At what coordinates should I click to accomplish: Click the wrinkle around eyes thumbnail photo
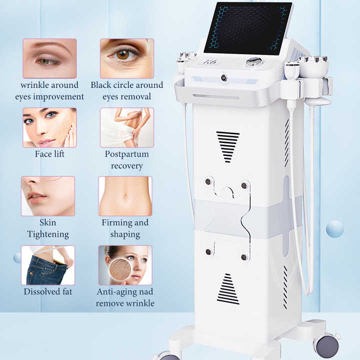pyautogui.click(x=49, y=58)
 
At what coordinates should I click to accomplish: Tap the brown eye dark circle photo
pyautogui.click(x=126, y=58)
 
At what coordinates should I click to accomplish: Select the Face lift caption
pyautogui.click(x=49, y=154)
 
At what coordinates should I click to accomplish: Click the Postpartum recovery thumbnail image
pyautogui.click(x=126, y=127)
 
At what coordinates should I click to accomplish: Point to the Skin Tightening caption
pyautogui.click(x=48, y=228)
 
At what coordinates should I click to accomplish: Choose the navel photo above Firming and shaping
pyautogui.click(x=125, y=196)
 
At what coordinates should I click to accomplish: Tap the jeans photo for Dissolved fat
pyautogui.click(x=48, y=265)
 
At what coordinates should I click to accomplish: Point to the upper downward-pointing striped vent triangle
pyautogui.click(x=228, y=145)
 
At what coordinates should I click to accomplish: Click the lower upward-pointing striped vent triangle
pyautogui.click(x=228, y=290)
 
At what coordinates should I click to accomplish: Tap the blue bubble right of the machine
pyautogui.click(x=334, y=228)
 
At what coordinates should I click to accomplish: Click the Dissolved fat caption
pyautogui.click(x=48, y=291)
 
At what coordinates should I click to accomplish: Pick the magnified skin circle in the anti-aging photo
pyautogui.click(x=120, y=269)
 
